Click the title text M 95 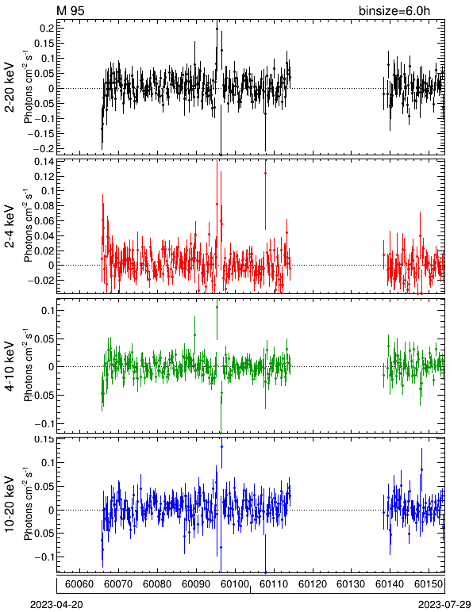pos(71,10)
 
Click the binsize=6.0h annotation pos(394,10)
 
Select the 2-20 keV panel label pos(10,87)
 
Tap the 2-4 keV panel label pos(10,227)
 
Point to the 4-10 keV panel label pos(10,366)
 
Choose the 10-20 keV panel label pos(10,504)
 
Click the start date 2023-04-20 pos(57,605)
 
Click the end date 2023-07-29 pos(444,605)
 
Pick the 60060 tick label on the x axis pos(79,584)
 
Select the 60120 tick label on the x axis pos(313,584)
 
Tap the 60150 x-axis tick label pos(429,584)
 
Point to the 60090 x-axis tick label pos(197,584)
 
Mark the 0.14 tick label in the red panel pos(44,161)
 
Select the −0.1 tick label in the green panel pos(44,424)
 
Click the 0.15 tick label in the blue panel pos(44,439)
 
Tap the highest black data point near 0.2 pos(217,29)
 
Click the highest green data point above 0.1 pos(217,307)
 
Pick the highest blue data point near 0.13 pos(221,446)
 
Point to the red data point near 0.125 pos(265,173)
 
